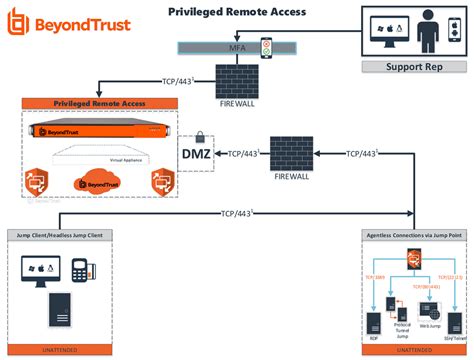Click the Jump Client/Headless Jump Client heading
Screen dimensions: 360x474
tap(65, 234)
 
